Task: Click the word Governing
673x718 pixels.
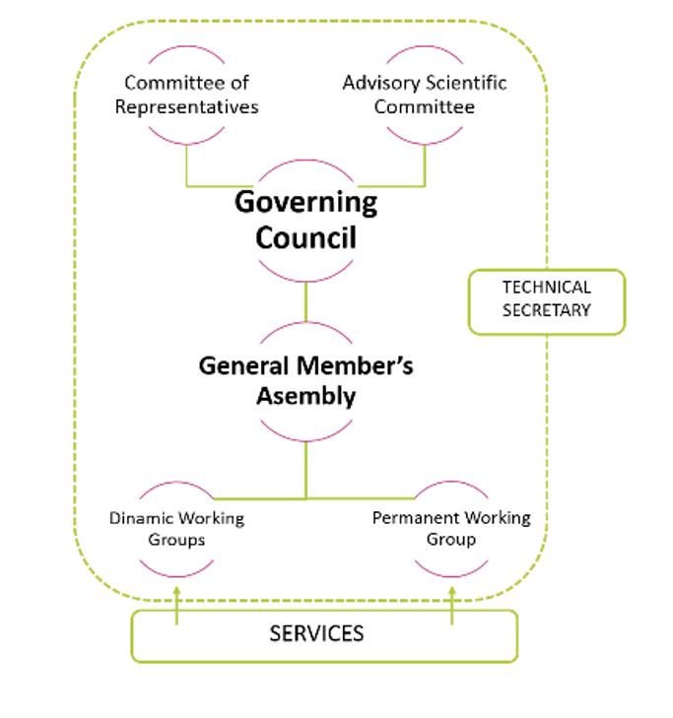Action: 306,203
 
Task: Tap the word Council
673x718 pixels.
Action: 306,237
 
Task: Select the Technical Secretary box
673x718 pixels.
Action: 547,301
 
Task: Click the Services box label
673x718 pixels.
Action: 316,633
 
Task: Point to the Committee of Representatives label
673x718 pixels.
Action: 186,95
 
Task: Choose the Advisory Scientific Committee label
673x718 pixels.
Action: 425,95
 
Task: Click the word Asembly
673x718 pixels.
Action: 306,396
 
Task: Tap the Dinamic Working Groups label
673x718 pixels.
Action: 176,529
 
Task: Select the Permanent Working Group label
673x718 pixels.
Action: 451,529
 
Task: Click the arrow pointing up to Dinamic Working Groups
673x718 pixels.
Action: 176,606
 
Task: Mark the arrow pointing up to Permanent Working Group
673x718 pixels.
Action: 451,606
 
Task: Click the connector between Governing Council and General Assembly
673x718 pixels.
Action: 306,301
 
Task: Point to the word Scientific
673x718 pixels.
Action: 466,83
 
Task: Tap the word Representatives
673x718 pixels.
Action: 186,107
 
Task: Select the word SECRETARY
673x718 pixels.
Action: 547,310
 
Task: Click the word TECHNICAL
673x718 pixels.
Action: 547,288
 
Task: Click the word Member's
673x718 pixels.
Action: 355,365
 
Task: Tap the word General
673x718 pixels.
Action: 244,365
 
